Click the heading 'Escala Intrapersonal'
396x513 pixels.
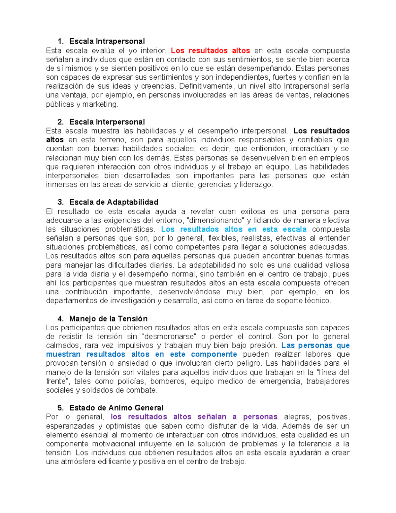click(107, 41)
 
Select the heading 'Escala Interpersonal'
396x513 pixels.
click(107, 122)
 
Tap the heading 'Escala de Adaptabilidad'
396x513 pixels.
click(114, 202)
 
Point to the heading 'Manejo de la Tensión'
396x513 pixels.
click(108, 319)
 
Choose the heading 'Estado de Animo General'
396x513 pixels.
click(116, 408)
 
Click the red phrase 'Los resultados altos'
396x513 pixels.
click(210, 51)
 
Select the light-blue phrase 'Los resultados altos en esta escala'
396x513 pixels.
click(234, 229)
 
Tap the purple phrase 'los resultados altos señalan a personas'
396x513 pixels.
click(194, 417)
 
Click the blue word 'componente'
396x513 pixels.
click(214, 354)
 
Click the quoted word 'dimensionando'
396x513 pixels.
click(215, 220)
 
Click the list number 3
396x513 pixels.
click(60, 202)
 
